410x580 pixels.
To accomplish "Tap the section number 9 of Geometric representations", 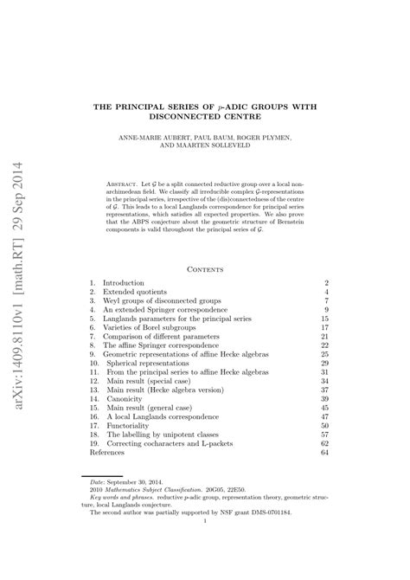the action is tap(93, 355).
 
